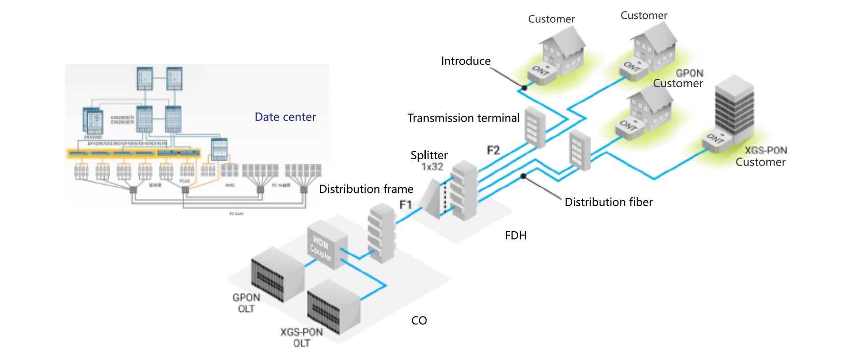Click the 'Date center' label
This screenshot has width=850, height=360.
click(x=285, y=117)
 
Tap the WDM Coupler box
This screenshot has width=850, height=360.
click(x=327, y=246)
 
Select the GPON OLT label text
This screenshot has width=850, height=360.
click(x=246, y=303)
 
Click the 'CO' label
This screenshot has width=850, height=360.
click(x=419, y=320)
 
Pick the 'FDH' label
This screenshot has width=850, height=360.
click(x=516, y=236)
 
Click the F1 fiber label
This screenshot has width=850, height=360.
click(x=406, y=204)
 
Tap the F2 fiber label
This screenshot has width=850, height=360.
click(x=493, y=150)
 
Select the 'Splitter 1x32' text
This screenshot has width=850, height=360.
click(x=429, y=161)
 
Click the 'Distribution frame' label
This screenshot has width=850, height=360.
click(x=366, y=189)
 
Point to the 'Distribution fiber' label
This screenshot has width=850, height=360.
click(x=608, y=202)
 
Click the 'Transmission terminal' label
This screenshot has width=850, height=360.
click(x=463, y=118)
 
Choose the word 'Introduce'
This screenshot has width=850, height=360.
click(x=466, y=61)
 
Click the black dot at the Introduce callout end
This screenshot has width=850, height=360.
click(x=524, y=88)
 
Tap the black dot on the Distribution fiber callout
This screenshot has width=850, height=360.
click(x=523, y=176)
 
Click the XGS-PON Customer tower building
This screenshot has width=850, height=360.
click(x=734, y=107)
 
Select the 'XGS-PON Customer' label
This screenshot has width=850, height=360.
click(x=761, y=156)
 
